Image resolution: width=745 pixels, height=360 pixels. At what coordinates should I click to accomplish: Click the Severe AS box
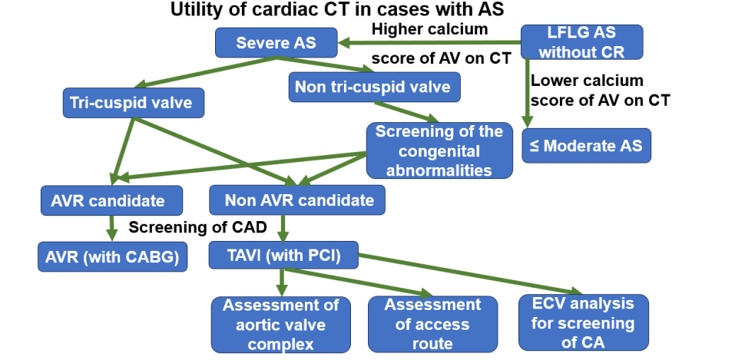276,42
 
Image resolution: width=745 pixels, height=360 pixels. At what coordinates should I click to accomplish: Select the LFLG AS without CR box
581,42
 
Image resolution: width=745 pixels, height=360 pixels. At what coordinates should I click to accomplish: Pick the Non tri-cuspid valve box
374,87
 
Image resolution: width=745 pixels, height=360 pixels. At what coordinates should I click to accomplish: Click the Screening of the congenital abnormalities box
439,150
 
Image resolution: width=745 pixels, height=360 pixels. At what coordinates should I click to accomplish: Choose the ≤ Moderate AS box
587,145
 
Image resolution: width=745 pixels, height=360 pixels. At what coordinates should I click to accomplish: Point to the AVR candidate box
112,201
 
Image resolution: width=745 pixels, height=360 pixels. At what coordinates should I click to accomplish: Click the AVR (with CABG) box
112,256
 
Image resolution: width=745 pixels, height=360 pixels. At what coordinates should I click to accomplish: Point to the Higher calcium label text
429,29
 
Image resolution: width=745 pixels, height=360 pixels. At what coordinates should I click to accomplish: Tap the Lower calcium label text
587,81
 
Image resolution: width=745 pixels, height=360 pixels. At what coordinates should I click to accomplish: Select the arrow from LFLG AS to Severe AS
430,42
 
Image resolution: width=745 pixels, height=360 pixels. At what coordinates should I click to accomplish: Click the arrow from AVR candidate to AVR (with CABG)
112,228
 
